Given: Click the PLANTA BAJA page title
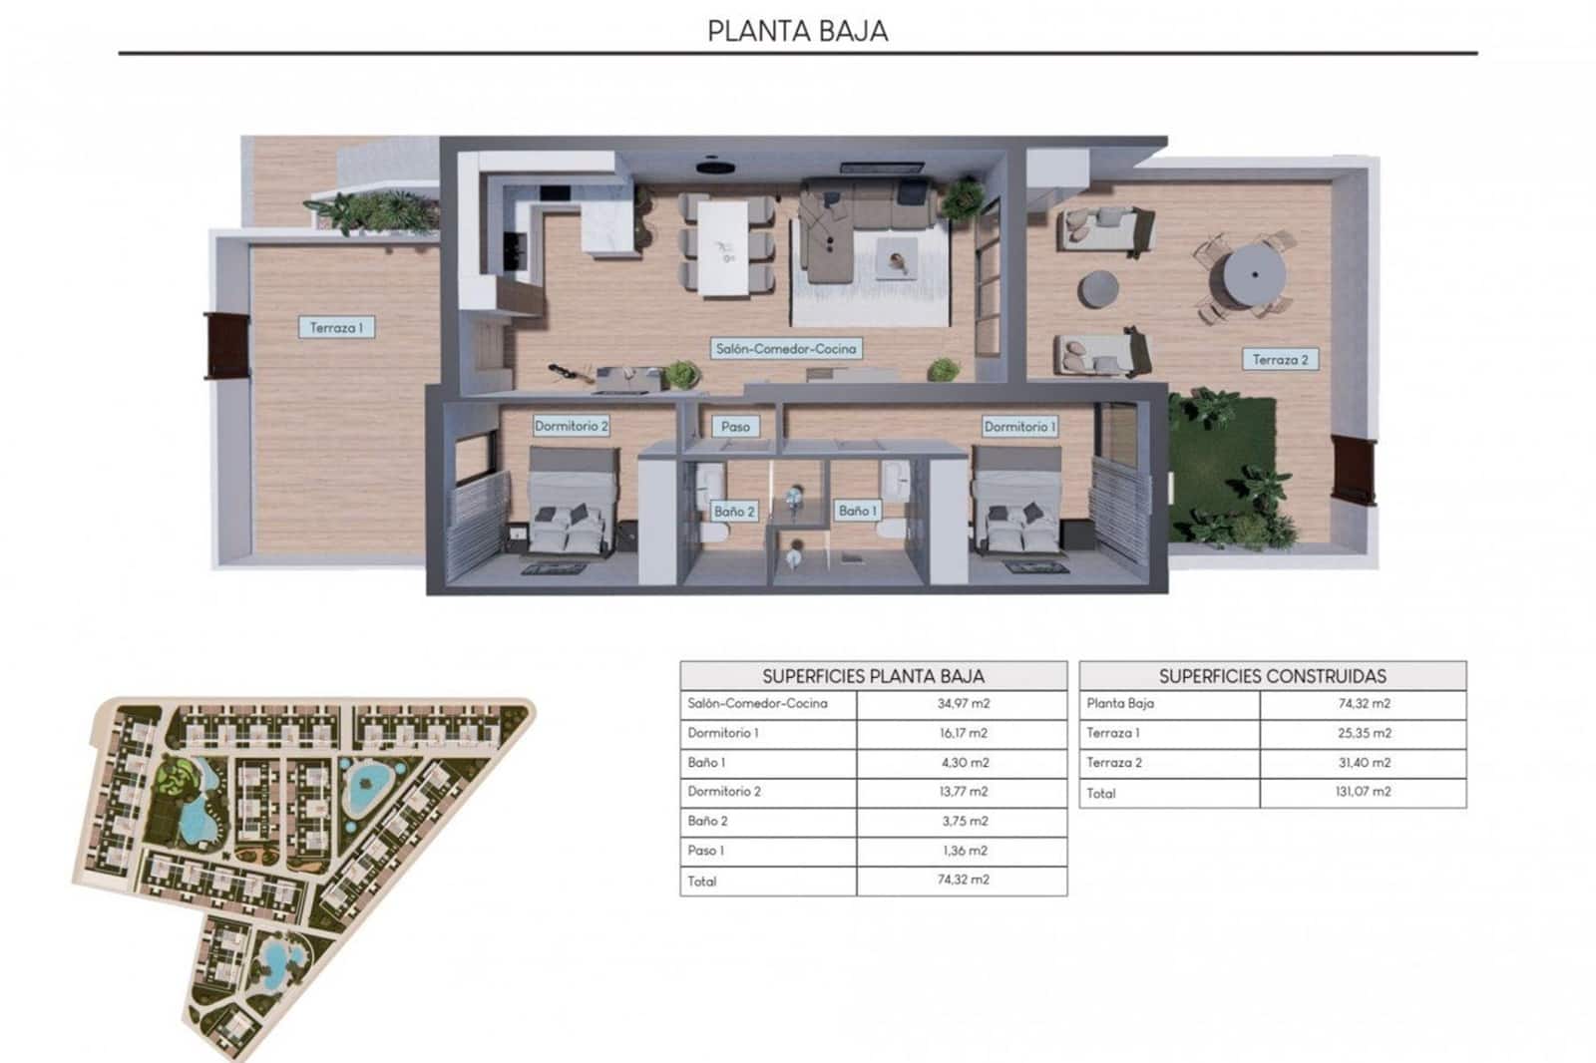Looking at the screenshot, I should [x=797, y=31].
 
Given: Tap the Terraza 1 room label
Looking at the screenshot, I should [x=336, y=327].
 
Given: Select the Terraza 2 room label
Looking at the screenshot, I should [x=1280, y=360].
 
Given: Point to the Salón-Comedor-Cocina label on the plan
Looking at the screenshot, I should [x=786, y=349].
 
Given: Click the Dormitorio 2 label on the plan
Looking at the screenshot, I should [x=571, y=426].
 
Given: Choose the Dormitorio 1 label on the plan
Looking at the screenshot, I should [x=1019, y=426].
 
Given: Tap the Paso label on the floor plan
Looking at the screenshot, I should [x=735, y=426].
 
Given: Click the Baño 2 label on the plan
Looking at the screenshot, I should [x=734, y=512].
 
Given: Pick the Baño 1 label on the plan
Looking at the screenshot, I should [x=857, y=511].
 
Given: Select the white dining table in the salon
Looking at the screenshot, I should [x=722, y=247].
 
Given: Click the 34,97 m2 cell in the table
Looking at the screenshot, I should [x=962, y=704].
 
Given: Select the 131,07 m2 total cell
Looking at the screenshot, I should [x=1363, y=792].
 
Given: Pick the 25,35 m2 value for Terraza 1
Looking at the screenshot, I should [x=1363, y=733].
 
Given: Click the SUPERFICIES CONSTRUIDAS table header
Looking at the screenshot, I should [x=1272, y=676].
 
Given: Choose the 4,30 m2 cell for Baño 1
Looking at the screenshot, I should [x=962, y=763].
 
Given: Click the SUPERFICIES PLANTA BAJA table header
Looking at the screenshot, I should [x=873, y=676].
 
